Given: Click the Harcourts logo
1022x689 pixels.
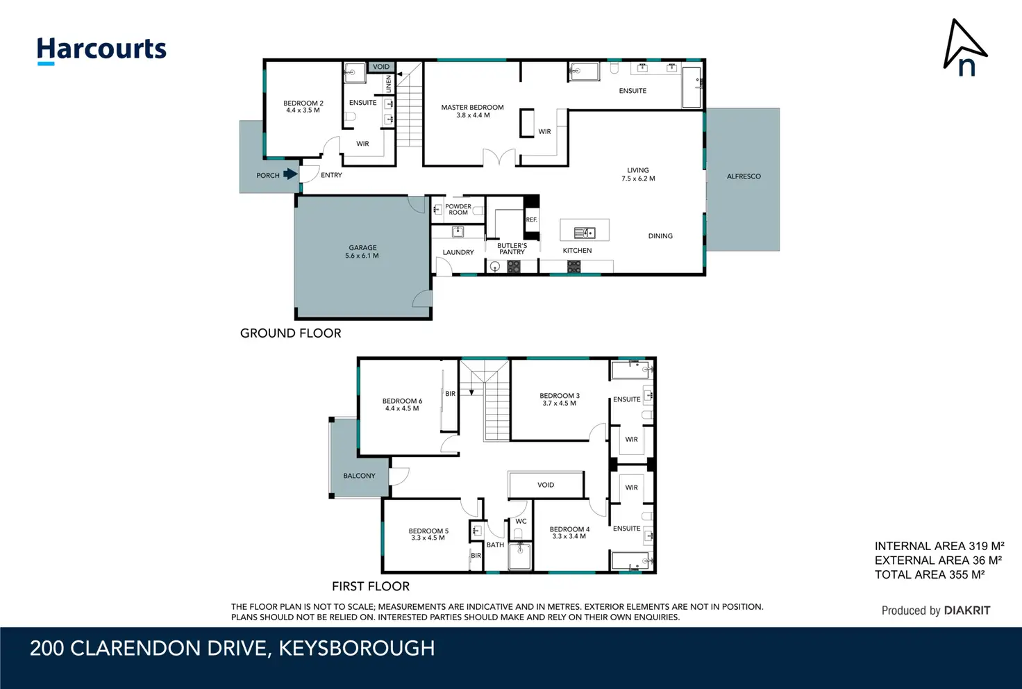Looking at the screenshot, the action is [101, 51].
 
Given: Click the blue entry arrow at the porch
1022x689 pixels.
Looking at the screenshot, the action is [291, 174].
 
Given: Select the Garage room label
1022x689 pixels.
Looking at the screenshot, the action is [362, 248].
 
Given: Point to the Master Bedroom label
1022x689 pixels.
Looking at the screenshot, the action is [472, 107].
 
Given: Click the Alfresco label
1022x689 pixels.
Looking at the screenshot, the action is [744, 176].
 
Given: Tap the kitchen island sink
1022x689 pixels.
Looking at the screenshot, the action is [585, 233].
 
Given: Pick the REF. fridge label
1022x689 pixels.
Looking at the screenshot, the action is [532, 219].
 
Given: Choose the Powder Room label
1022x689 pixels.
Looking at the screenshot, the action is [458, 210].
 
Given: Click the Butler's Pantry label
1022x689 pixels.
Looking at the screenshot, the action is [512, 249].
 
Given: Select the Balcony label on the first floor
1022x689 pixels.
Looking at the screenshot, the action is [359, 476].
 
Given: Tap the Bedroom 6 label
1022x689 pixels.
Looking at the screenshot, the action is [402, 401].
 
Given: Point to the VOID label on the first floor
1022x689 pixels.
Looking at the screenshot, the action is [546, 485].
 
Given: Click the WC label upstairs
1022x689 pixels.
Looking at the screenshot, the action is [521, 521].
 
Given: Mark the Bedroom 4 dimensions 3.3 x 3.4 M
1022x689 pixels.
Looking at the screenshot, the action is [569, 536].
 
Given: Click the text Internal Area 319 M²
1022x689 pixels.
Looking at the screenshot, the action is [939, 546].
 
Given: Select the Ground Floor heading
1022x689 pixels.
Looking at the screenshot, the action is [291, 333].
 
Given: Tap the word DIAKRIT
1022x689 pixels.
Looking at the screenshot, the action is [967, 611].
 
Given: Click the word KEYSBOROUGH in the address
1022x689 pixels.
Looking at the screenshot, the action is [357, 649].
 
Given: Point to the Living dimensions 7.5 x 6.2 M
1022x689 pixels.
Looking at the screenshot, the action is [638, 179].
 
